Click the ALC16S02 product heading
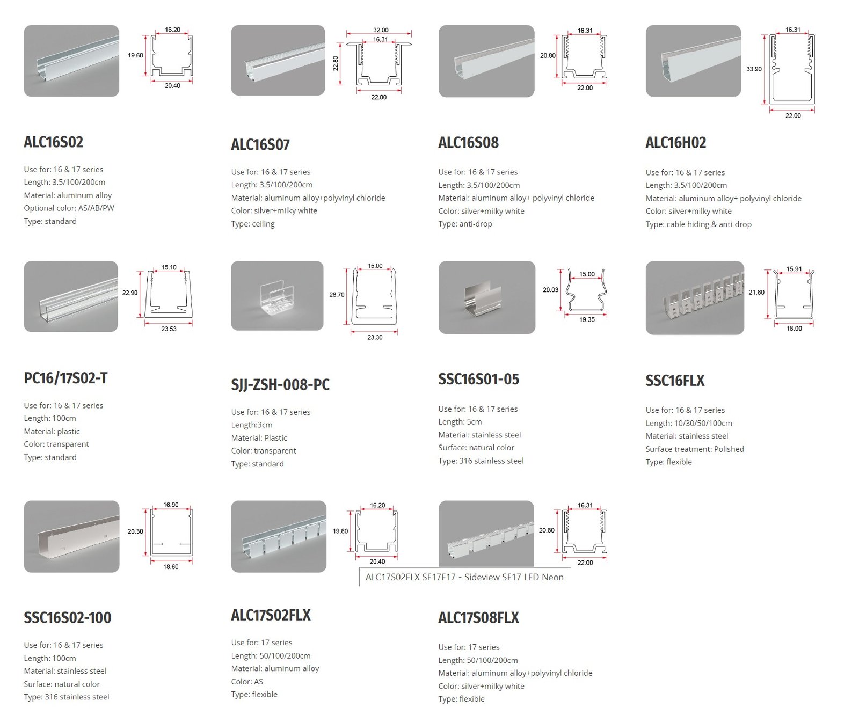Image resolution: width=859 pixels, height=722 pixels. pyautogui.click(x=54, y=142)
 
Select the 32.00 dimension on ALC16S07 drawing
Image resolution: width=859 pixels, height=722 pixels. pyautogui.click(x=381, y=30)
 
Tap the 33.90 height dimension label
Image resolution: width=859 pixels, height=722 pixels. pyautogui.click(x=754, y=69)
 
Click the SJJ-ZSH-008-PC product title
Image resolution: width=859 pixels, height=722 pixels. pyautogui.click(x=280, y=384)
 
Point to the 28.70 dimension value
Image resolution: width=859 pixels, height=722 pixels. pyautogui.click(x=337, y=295)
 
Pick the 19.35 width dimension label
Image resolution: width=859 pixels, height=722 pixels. pyautogui.click(x=587, y=319)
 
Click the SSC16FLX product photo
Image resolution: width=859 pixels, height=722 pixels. pyautogui.click(x=695, y=298)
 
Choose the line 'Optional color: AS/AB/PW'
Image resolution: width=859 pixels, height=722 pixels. pyautogui.click(x=69, y=208)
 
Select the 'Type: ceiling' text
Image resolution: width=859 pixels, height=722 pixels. pyautogui.click(x=253, y=224)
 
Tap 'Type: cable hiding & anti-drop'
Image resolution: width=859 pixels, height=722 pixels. pyautogui.click(x=698, y=224)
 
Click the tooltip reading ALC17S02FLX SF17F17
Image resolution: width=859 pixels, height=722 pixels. pyautogui.click(x=464, y=577)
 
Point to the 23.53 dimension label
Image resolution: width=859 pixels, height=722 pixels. pyautogui.click(x=169, y=329)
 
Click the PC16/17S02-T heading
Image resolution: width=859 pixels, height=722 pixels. pyautogui.click(x=65, y=378)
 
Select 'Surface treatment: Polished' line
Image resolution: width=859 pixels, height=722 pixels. pyautogui.click(x=695, y=449)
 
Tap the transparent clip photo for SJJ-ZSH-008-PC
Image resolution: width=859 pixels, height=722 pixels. pyautogui.click(x=277, y=296)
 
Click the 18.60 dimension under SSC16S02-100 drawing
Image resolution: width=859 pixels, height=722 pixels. pyautogui.click(x=171, y=566)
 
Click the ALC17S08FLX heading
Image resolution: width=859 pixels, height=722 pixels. pyautogui.click(x=479, y=618)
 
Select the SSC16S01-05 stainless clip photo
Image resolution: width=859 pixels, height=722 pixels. pyautogui.click(x=487, y=297)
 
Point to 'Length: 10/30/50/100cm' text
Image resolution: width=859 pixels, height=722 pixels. pyautogui.click(x=689, y=423)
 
